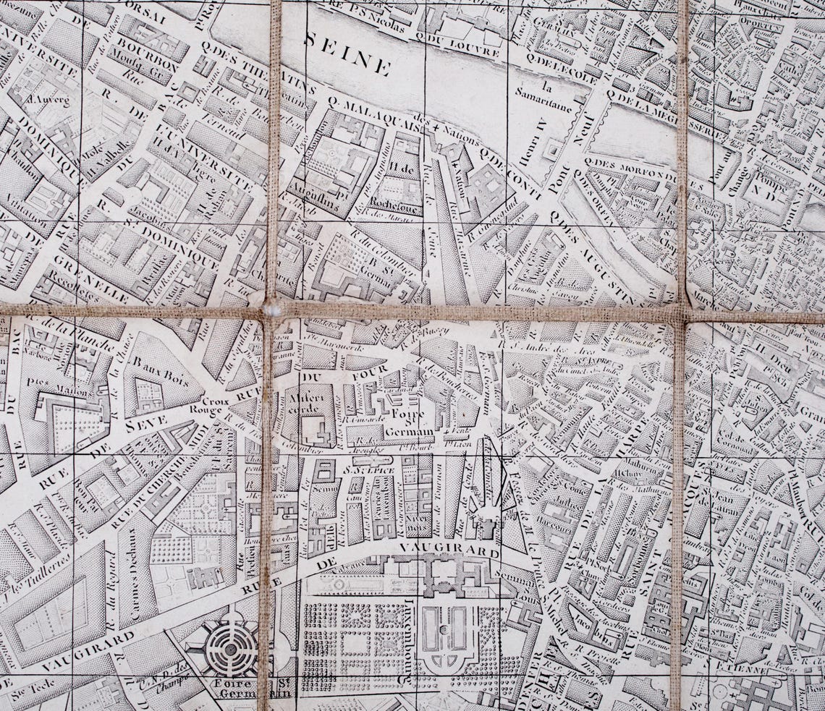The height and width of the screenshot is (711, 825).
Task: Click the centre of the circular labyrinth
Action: [x=231, y=649]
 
